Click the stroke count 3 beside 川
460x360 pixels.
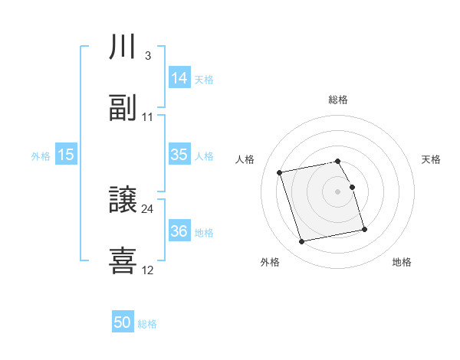147,55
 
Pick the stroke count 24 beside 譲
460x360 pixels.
148,208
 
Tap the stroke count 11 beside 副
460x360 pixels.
148,116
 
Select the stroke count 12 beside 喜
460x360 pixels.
148,270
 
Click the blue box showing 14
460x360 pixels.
179,78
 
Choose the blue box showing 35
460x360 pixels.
179,155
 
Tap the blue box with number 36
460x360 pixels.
179,231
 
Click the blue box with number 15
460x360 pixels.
66,155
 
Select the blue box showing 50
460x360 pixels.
123,323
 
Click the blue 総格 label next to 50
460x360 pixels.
147,324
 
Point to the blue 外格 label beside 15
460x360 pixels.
41,155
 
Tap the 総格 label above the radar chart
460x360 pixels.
338,100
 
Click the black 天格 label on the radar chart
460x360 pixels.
432,159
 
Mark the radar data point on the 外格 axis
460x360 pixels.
301,242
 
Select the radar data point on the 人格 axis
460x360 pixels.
280,172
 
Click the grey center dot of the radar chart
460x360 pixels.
338,191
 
